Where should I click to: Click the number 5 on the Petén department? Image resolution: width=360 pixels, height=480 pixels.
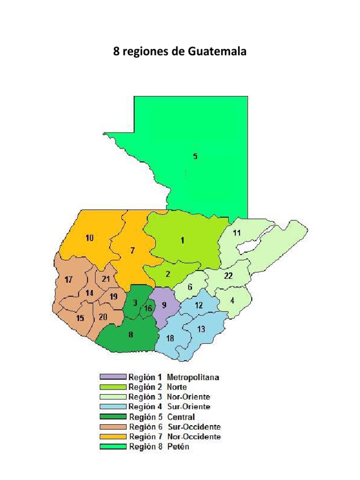point(195,157)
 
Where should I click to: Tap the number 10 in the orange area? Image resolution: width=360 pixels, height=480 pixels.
point(89,238)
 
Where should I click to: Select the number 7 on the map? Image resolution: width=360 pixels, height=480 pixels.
point(133,250)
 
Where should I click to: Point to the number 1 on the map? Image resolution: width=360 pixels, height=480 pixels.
point(182,240)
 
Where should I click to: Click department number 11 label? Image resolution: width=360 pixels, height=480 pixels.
point(237,233)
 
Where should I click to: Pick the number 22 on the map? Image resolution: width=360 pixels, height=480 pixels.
point(228,276)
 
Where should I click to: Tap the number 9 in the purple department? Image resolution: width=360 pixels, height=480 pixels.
point(164,305)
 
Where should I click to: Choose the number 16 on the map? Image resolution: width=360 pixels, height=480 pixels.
point(148,308)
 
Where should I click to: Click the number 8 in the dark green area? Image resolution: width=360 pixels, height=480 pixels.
point(131,334)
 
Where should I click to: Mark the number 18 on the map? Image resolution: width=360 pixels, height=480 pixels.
point(170,339)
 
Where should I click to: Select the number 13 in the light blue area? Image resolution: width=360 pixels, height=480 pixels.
point(201,329)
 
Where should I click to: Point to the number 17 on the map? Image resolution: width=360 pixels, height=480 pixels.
point(69,280)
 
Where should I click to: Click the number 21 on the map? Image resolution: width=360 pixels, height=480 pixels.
point(106,279)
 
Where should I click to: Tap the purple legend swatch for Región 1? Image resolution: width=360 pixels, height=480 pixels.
point(113,377)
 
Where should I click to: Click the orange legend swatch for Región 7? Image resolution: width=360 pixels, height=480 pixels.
point(113,436)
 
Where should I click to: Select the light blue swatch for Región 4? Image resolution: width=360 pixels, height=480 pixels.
point(113,406)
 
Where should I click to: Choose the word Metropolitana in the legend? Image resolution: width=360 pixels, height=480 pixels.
point(193,377)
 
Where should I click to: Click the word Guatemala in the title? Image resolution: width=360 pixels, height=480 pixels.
point(217,51)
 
